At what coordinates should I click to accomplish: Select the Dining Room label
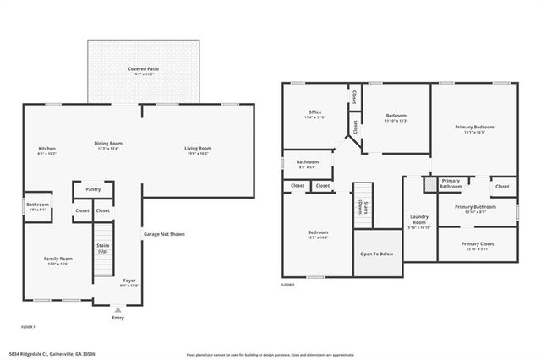click(108, 143)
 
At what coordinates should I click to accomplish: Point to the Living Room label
click(198, 149)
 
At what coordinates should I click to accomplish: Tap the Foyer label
click(129, 280)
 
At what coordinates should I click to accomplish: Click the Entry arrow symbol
click(117, 310)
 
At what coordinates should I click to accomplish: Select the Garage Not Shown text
click(164, 234)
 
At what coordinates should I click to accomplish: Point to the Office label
click(314, 112)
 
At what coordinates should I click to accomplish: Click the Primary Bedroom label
click(474, 128)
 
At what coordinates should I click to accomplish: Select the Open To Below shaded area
click(376, 253)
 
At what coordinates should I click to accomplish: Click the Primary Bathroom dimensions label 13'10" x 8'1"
click(474, 212)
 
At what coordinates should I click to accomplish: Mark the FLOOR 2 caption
click(287, 286)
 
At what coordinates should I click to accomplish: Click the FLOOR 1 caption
click(28, 326)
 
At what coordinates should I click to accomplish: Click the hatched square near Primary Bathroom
click(429, 183)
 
